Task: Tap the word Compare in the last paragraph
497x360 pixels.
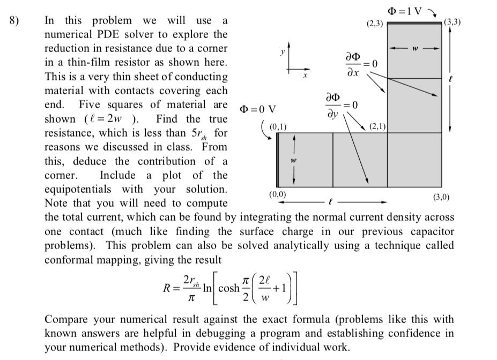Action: click(x=67, y=320)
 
